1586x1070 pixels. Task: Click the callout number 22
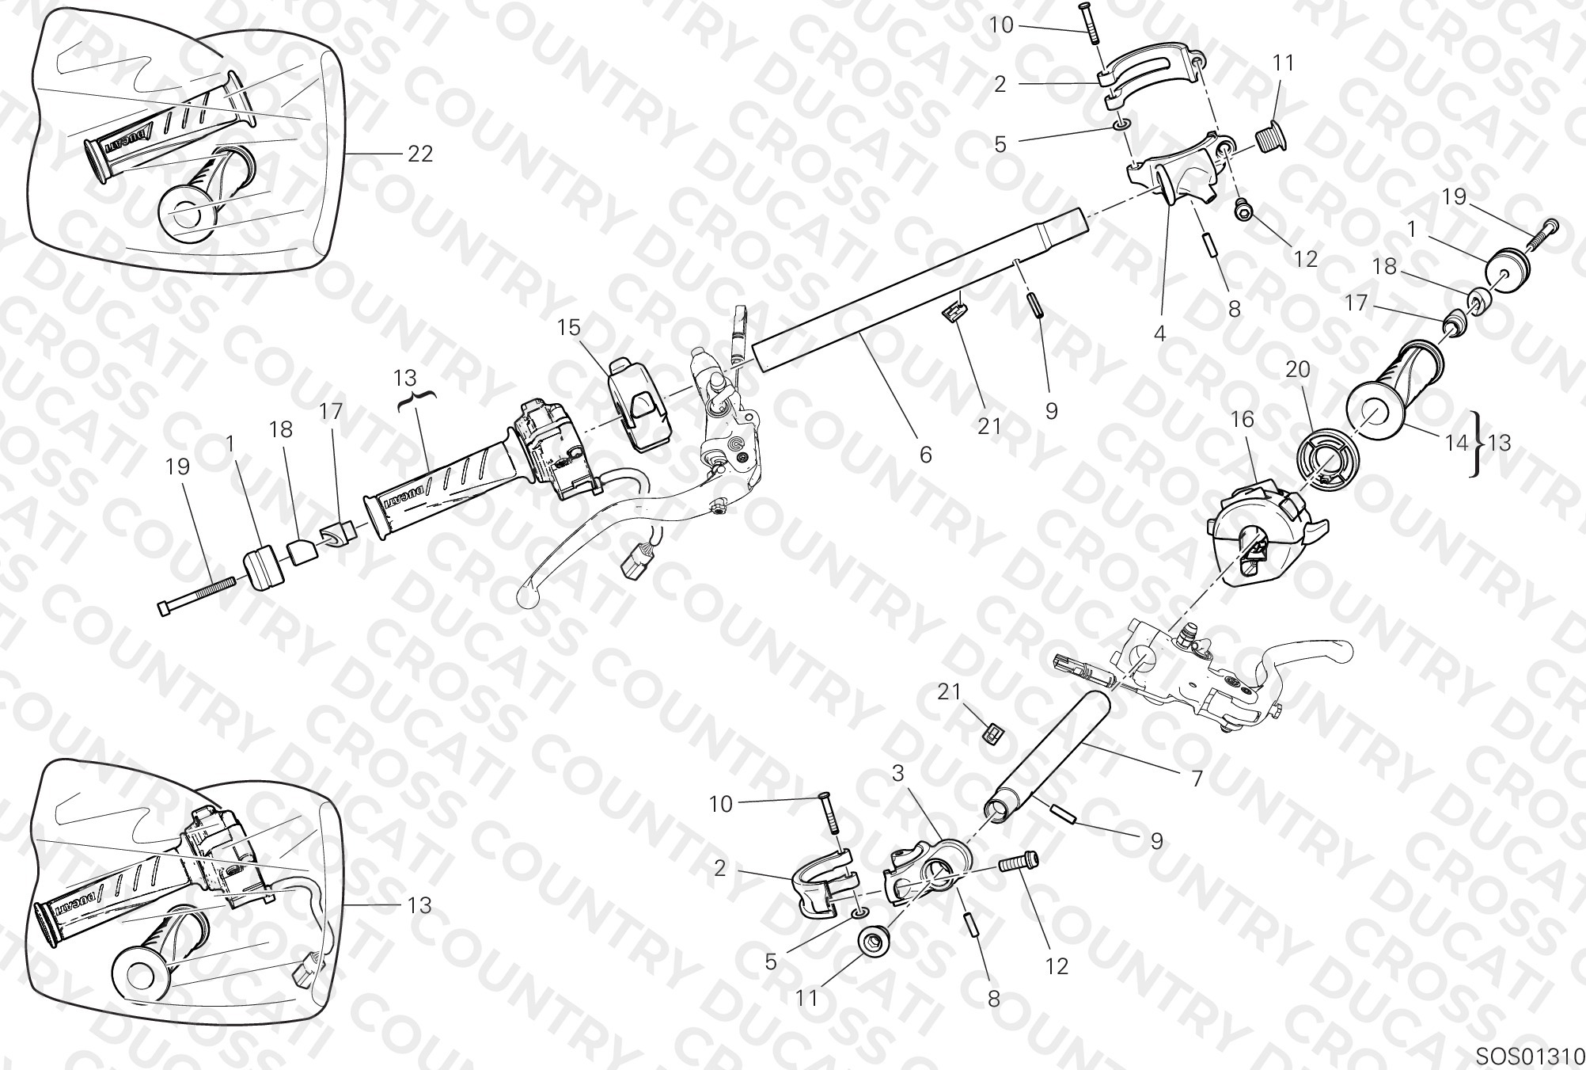point(420,154)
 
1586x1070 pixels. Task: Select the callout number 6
point(925,455)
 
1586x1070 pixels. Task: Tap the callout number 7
point(1197,779)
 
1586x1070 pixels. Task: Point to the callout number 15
point(568,327)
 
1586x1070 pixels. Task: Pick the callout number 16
point(1243,419)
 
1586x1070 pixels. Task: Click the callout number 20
point(1298,369)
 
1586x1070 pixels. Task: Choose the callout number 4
point(1159,333)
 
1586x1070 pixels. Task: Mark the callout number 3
point(898,774)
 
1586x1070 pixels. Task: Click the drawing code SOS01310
point(1529,1056)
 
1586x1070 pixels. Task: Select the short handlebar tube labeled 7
point(1046,759)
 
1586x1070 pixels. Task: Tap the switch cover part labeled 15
point(639,405)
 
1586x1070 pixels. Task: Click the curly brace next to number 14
point(1475,444)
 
